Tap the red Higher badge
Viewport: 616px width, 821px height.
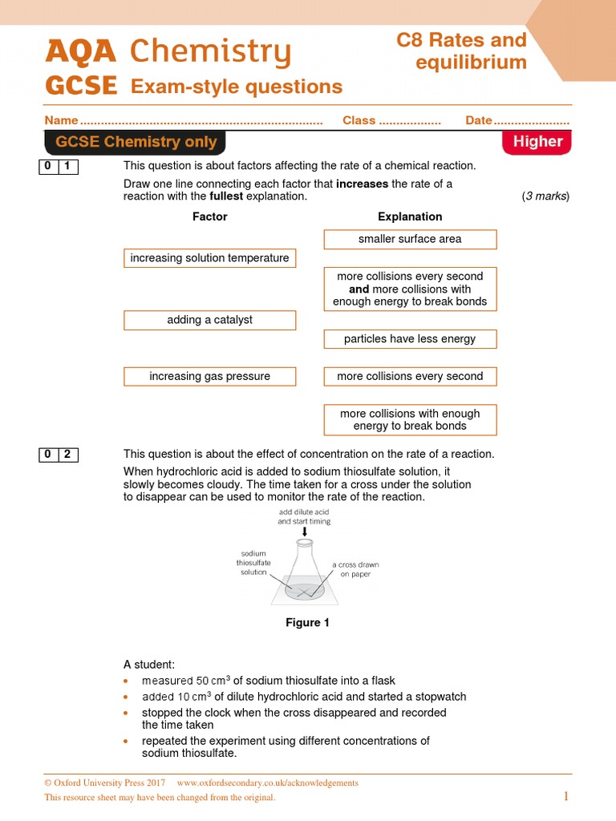537,142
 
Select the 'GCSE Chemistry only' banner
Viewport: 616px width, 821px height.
136,142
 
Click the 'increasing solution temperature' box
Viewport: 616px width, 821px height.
209,258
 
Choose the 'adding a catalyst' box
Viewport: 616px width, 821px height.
209,320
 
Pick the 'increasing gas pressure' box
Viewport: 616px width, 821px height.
209,376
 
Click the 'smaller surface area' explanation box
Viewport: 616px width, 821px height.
410,239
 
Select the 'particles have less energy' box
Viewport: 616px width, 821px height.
410,339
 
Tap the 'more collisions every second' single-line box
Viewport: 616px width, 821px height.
410,376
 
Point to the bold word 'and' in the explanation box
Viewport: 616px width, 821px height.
359,289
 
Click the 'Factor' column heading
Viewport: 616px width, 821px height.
209,216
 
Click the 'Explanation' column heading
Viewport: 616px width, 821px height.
410,216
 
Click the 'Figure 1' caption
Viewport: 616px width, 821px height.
307,623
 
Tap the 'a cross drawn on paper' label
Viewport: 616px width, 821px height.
355,569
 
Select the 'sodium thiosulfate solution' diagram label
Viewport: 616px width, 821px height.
253,563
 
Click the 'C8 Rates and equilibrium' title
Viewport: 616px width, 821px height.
461,51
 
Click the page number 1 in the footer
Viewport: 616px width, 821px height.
565,796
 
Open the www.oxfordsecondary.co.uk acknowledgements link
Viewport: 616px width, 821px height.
267,783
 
